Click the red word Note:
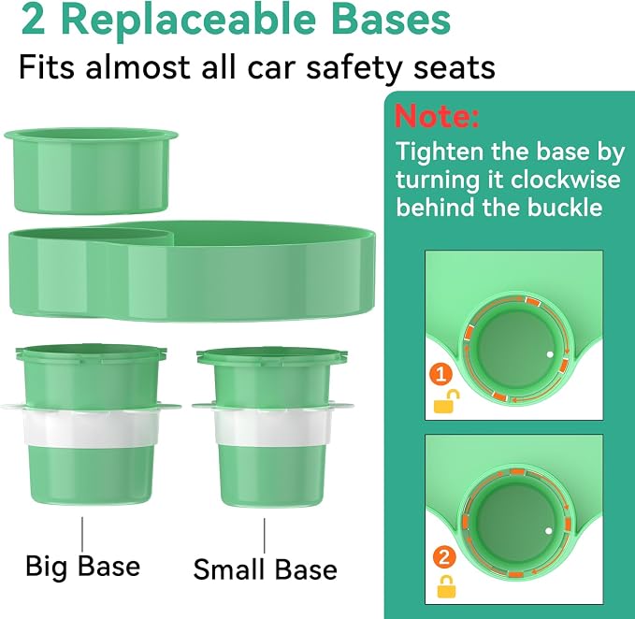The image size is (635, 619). [437, 116]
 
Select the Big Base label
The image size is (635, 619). [83, 566]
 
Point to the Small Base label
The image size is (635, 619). [266, 569]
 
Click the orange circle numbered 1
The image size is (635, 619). [441, 373]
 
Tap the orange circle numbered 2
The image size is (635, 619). [444, 557]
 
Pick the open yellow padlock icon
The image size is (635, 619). [446, 401]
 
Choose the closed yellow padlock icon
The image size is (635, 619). [446, 586]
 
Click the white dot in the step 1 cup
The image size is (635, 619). [550, 354]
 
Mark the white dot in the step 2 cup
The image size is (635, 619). [549, 531]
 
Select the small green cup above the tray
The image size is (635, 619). [91, 171]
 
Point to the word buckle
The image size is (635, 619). [565, 208]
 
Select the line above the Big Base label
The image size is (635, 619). [82, 534]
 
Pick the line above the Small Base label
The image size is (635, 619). [265, 535]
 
